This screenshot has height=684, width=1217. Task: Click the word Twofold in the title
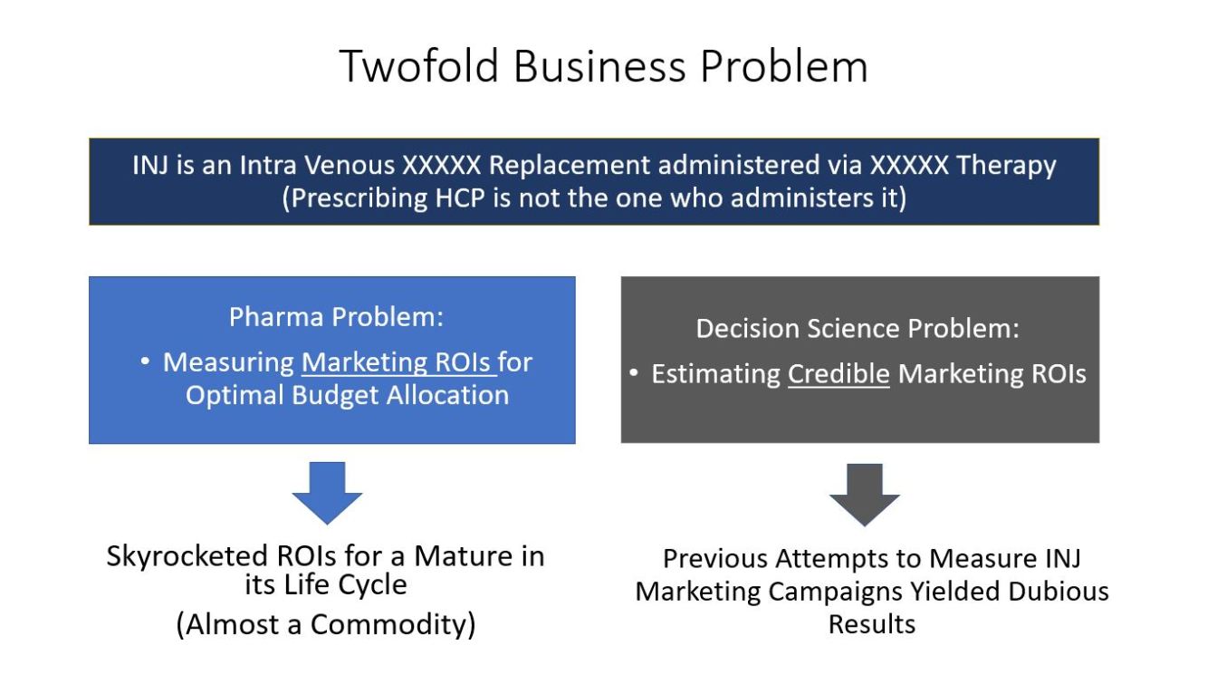click(419, 66)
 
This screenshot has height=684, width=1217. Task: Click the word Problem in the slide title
click(783, 67)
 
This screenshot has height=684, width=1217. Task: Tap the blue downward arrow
click(327, 493)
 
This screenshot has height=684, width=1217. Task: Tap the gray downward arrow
click(865, 495)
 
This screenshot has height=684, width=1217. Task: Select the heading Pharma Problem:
click(336, 317)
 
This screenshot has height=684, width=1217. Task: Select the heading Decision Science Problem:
click(858, 328)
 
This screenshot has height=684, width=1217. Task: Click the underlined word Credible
click(838, 374)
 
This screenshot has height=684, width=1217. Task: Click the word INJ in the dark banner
click(150, 165)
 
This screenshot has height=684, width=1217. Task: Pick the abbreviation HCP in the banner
click(460, 197)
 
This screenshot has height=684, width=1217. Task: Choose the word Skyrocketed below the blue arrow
click(187, 556)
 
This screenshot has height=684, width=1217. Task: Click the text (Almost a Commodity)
click(326, 624)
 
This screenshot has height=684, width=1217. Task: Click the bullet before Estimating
click(634, 373)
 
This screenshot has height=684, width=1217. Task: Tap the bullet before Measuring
click(145, 361)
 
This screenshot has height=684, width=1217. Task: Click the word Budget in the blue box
click(335, 395)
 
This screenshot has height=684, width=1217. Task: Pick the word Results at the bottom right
click(872, 624)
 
